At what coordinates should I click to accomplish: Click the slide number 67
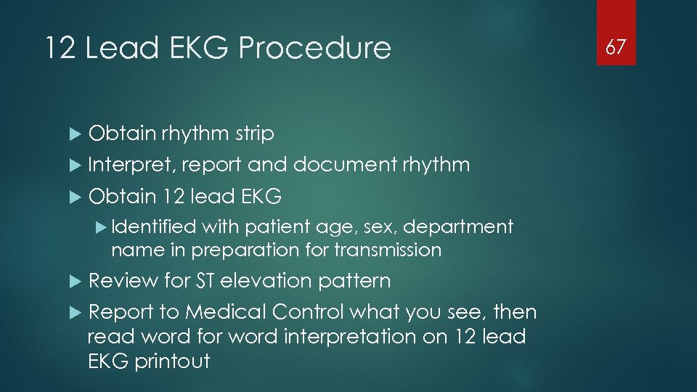click(x=616, y=47)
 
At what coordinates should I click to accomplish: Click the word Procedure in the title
click(x=314, y=48)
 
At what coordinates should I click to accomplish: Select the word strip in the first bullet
click(x=254, y=134)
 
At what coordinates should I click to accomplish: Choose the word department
click(x=458, y=227)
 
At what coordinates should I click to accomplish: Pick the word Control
click(x=308, y=312)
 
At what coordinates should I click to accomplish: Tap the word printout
click(x=172, y=362)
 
